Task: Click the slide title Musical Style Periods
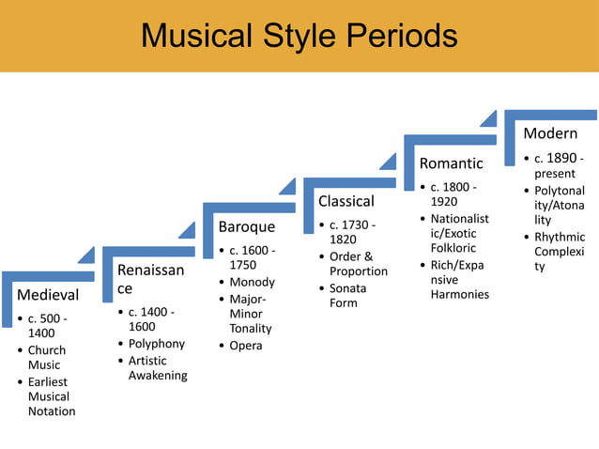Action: pyautogui.click(x=299, y=36)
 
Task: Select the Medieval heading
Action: pyautogui.click(x=46, y=295)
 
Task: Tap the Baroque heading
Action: pyautogui.click(x=247, y=226)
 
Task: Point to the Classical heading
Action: pyautogui.click(x=346, y=201)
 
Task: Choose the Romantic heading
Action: pyautogui.click(x=451, y=163)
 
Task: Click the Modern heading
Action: pyautogui.click(x=550, y=133)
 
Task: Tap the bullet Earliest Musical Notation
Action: pyautogui.click(x=51, y=396)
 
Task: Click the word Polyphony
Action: pyautogui.click(x=157, y=344)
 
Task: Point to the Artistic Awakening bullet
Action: pyautogui.click(x=157, y=368)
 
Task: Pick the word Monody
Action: pyautogui.click(x=252, y=282)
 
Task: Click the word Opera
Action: pyautogui.click(x=246, y=346)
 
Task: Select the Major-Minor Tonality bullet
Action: pyautogui.click(x=251, y=314)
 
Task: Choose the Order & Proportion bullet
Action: pyautogui.click(x=358, y=264)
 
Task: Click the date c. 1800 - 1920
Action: pyautogui.click(x=453, y=194)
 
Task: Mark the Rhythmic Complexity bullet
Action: pyautogui.click(x=559, y=252)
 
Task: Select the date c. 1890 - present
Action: pyautogui.click(x=559, y=165)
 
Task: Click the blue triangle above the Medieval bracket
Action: pyautogui.click(x=85, y=255)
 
